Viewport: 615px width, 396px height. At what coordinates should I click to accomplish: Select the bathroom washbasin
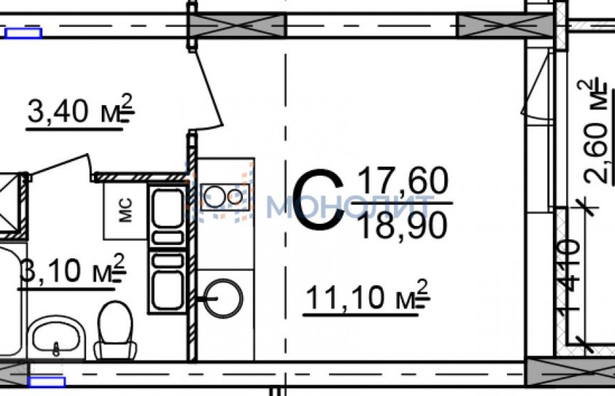click(x=56, y=338)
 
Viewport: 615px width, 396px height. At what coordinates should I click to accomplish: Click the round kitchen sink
click(x=223, y=299)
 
